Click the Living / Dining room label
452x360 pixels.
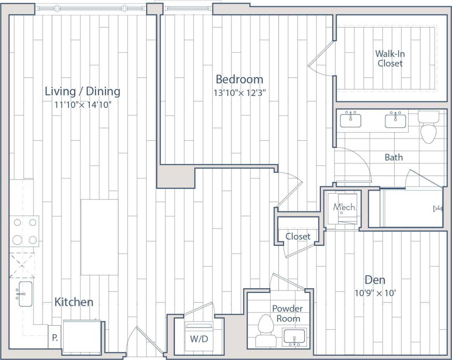[82, 91]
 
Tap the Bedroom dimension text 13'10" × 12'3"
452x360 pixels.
[239, 93]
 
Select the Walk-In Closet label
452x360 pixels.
[390, 59]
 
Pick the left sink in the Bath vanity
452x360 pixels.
[350, 120]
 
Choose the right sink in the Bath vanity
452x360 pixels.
[395, 120]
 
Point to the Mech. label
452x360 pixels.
[344, 207]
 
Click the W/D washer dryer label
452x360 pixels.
[199, 339]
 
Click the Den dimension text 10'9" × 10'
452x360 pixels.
[375, 293]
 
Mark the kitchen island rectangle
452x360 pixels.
[99, 237]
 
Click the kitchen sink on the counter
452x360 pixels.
[25, 294]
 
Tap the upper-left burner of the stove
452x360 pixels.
[17, 223]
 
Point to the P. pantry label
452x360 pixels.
[55, 338]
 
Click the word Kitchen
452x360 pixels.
[74, 302]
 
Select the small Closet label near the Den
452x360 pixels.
[298, 236]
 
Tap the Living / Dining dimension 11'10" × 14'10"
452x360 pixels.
[83, 105]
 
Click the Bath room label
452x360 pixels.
[394, 158]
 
